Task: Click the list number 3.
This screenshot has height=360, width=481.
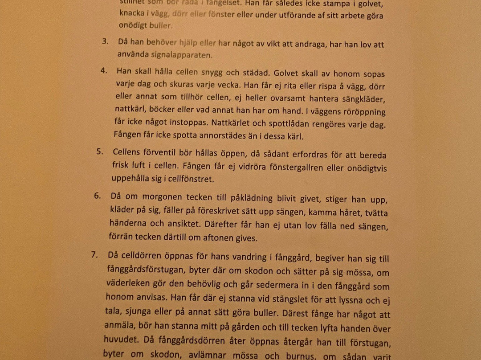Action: pyautogui.click(x=105, y=41)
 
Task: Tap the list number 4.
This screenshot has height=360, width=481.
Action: pyautogui.click(x=103, y=71)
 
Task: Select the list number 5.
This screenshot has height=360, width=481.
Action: pyautogui.click(x=100, y=151)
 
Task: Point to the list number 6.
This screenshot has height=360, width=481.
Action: pyautogui.click(x=97, y=196)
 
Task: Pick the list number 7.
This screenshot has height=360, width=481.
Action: pyautogui.click(x=94, y=255)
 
